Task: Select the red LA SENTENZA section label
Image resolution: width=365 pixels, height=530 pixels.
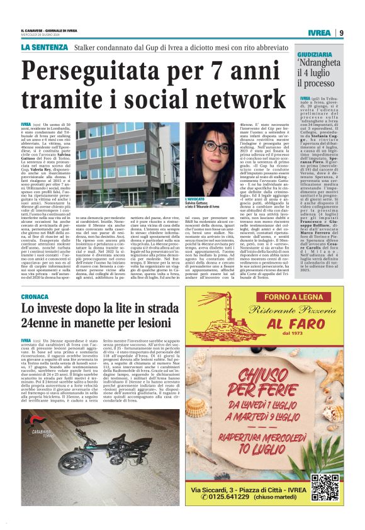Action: (43, 48)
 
